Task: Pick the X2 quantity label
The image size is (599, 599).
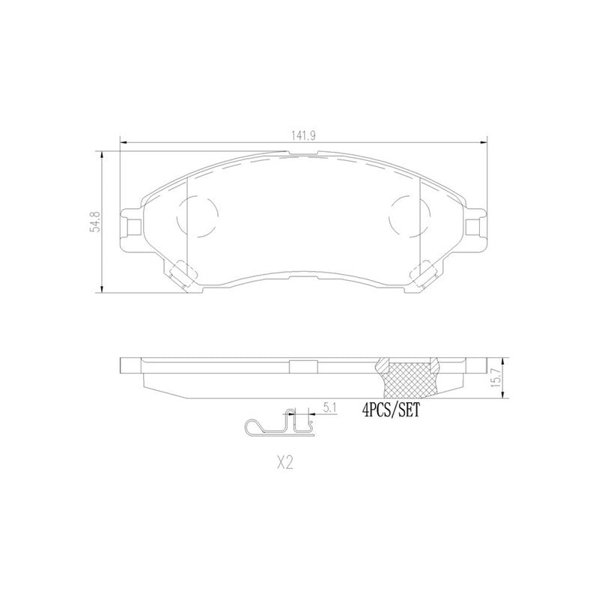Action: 284,463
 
